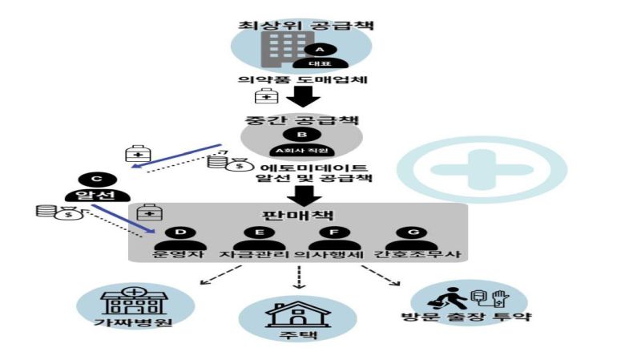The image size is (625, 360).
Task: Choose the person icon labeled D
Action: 180,238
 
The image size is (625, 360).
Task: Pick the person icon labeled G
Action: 413,238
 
